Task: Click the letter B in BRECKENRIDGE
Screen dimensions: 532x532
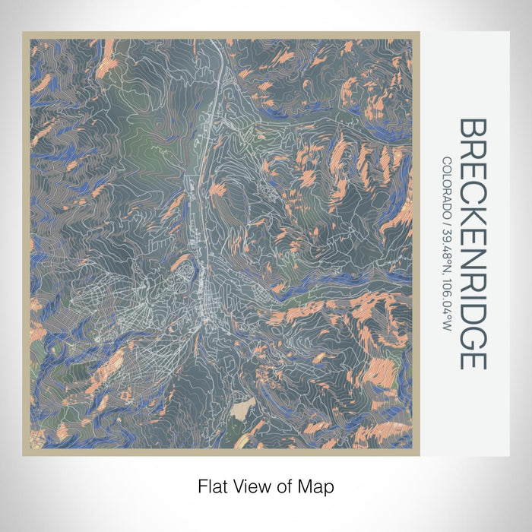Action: pyautogui.click(x=473, y=128)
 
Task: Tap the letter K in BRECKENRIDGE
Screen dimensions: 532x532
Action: pyautogui.click(x=473, y=211)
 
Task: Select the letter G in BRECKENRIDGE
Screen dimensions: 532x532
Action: pyautogui.click(x=473, y=336)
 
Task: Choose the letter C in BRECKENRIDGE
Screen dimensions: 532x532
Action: pyautogui.click(x=473, y=190)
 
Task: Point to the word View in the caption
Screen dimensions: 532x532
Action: pyautogui.click(x=248, y=484)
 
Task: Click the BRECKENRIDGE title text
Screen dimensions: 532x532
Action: pyautogui.click(x=473, y=243)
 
